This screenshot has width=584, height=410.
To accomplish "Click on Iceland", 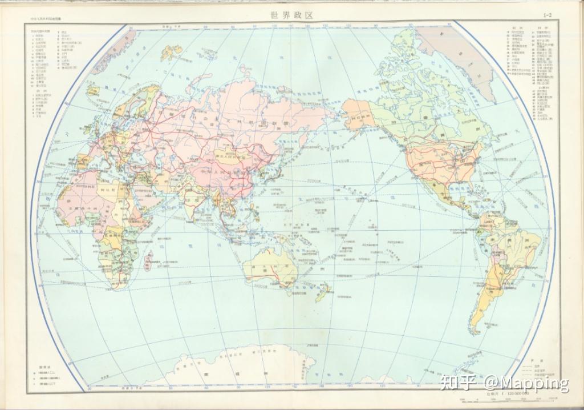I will [95, 91].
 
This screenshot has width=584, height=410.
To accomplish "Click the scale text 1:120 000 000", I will [506, 393].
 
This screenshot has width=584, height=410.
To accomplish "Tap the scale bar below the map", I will [506, 400].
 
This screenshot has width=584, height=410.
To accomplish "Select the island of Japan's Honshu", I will [273, 172].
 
